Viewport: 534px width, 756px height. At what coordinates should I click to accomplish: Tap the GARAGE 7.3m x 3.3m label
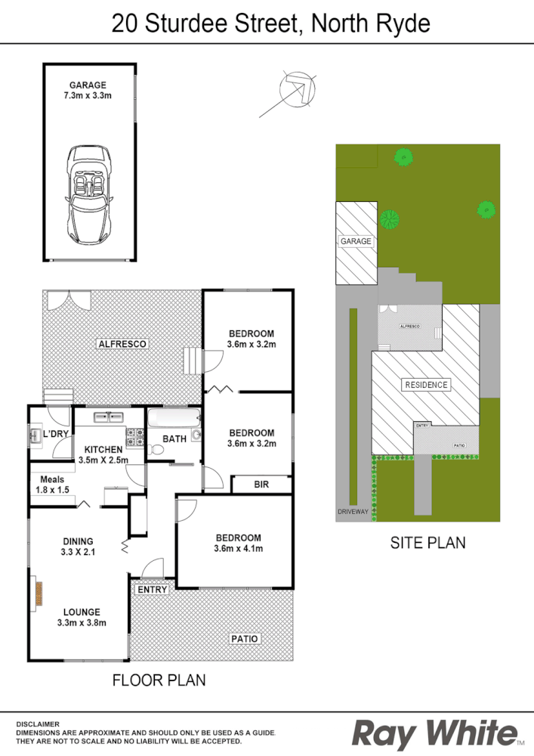[x=88, y=91]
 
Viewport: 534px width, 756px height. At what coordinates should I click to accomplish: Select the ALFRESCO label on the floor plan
[x=122, y=343]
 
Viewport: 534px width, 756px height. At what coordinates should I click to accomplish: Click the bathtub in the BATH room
[x=172, y=420]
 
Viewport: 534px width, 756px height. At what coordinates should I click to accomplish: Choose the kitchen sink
[x=110, y=417]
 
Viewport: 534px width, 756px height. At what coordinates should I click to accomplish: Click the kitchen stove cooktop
[x=135, y=436]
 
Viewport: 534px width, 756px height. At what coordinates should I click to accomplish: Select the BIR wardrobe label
[x=261, y=484]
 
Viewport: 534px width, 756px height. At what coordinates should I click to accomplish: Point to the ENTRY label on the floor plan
[x=152, y=590]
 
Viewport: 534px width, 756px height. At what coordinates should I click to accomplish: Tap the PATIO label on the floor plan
[x=245, y=639]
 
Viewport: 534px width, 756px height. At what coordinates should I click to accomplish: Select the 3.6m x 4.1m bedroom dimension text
[x=238, y=549]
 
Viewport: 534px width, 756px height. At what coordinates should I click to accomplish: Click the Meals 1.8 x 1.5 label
[x=52, y=485]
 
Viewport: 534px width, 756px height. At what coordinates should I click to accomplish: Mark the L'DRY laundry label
[x=56, y=434]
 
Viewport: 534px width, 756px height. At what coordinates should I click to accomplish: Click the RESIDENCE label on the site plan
[x=427, y=385]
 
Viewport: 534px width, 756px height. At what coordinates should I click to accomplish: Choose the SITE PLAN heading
[x=428, y=543]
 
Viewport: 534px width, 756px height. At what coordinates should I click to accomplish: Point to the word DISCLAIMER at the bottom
[x=37, y=723]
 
